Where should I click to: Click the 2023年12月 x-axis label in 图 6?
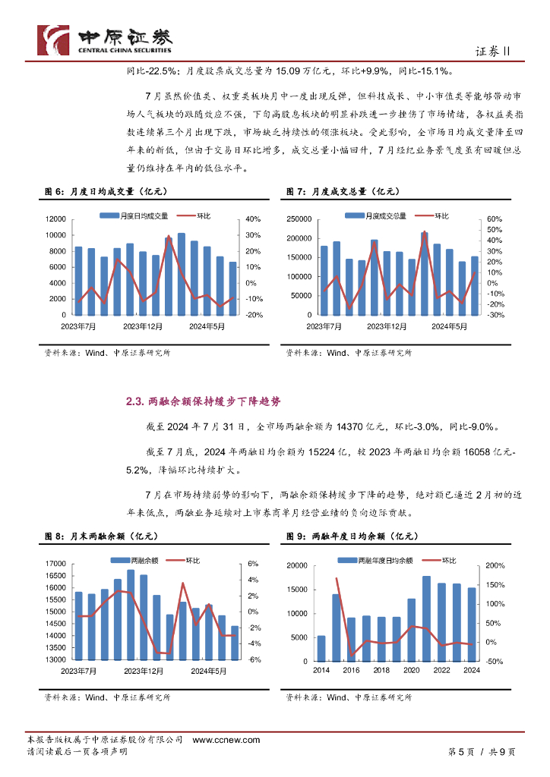[x=144, y=326]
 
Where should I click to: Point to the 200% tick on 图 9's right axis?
[x=495, y=566]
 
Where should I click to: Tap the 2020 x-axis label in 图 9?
[x=410, y=671]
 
